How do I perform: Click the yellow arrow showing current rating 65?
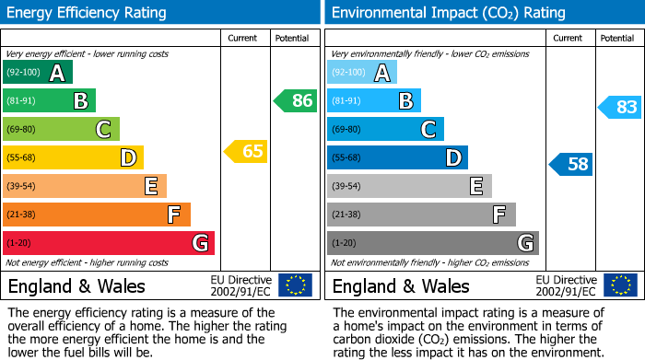[x=246, y=151]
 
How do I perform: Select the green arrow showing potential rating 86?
[x=296, y=101]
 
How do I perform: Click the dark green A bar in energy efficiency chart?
[x=38, y=73]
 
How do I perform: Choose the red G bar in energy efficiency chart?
[x=109, y=243]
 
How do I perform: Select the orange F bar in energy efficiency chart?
[x=97, y=215]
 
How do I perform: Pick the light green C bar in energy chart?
[x=61, y=130]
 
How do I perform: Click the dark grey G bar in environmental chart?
[x=432, y=243]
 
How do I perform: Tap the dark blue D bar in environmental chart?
[x=397, y=158]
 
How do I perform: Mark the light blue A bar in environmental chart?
[x=362, y=73]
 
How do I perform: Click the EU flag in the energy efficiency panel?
[x=296, y=285]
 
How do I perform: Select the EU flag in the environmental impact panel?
[x=620, y=285]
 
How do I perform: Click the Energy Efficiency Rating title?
[x=88, y=13]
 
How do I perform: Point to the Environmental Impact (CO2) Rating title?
[x=448, y=13]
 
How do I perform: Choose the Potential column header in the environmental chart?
[x=616, y=38]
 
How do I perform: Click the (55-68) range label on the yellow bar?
[x=22, y=158]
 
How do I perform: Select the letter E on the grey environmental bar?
[x=475, y=187]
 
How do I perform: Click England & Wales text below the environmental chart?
[x=401, y=285]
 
